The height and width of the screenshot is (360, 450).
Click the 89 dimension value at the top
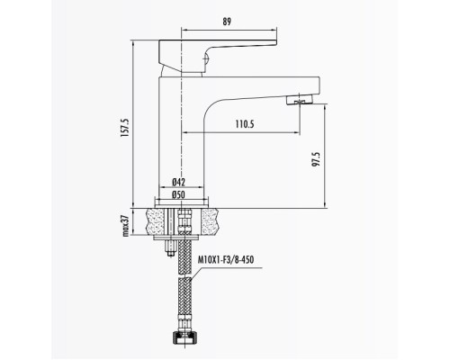(x=227, y=22)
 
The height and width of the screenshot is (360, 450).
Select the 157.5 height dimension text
(x=124, y=128)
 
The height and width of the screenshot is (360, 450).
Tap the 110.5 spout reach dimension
(x=245, y=124)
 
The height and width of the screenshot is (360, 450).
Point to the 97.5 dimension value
(x=317, y=159)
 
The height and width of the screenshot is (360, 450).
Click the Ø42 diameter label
(x=179, y=182)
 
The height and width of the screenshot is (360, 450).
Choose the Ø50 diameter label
(x=179, y=194)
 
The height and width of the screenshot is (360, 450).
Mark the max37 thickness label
(x=126, y=226)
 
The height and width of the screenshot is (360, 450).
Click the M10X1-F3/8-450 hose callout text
(x=226, y=259)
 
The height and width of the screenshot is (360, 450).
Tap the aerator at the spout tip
(x=300, y=100)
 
